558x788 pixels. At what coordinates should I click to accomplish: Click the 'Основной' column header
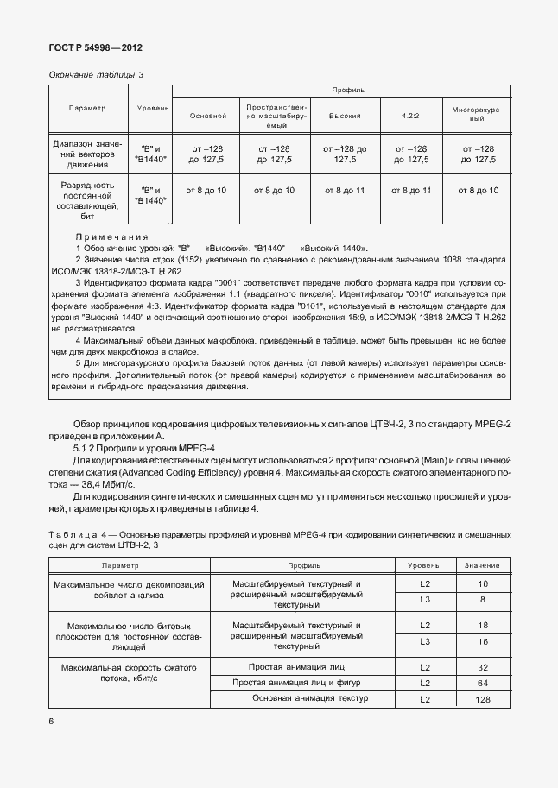[x=206, y=115]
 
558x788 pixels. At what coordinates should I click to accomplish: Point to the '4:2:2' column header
[x=410, y=115]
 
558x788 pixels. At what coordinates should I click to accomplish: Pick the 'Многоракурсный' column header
[x=475, y=115]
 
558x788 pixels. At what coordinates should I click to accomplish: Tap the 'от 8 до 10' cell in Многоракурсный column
[x=475, y=190]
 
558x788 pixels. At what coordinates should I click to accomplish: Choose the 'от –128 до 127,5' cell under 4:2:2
[x=410, y=154]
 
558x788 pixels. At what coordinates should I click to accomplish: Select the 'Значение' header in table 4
[x=482, y=564]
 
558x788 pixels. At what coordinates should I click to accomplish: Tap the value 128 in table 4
[x=482, y=698]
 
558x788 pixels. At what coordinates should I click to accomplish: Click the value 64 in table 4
[x=482, y=683]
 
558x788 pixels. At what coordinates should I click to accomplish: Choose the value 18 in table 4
[x=482, y=626]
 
